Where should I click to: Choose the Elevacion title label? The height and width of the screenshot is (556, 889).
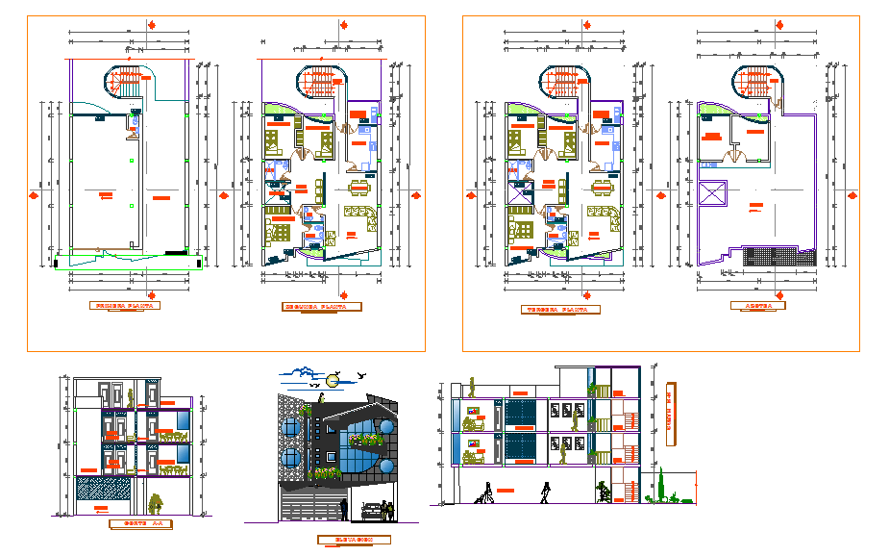click(x=353, y=540)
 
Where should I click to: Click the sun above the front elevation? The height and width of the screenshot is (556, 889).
click(x=332, y=380)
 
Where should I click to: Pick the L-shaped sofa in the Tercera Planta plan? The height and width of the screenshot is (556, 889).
click(x=604, y=218)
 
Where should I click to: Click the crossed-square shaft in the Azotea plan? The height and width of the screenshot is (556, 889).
click(x=715, y=192)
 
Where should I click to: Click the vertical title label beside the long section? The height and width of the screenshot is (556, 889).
click(x=668, y=416)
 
